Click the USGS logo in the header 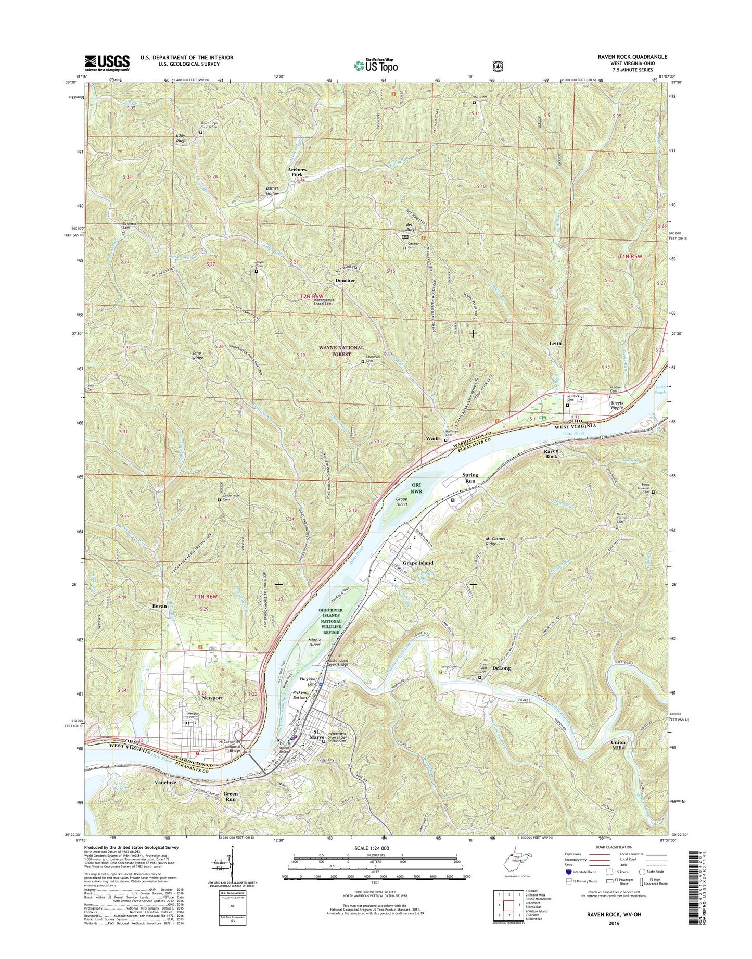tap(107, 63)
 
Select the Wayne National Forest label tap(342, 351)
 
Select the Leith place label tap(555, 344)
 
